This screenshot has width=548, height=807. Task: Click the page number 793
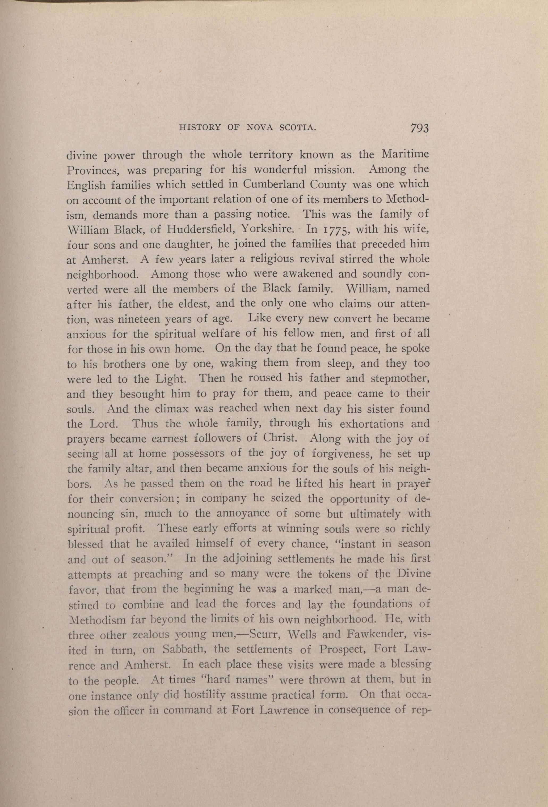(x=419, y=128)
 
